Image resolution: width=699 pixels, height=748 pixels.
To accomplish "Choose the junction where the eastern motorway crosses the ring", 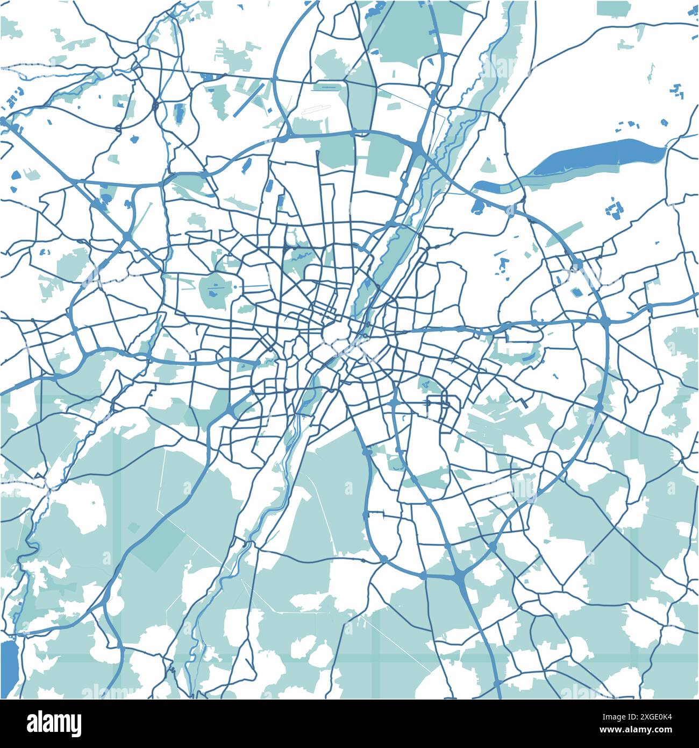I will point(605,321).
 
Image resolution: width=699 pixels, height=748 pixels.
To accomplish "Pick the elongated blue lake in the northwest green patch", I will point(179,113).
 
